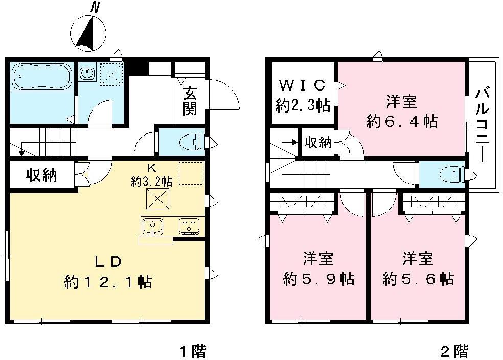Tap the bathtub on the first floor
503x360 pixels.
[x=42, y=77]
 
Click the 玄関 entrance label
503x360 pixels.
[x=190, y=101]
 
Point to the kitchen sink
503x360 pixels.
[x=152, y=226]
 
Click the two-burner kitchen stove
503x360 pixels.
[x=190, y=226]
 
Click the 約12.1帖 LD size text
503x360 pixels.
[x=108, y=281]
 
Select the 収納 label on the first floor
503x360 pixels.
[x=41, y=175]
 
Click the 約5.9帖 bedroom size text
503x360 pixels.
[x=318, y=279]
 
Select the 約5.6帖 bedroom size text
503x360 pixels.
[x=418, y=279]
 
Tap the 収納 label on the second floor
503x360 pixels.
[x=318, y=142]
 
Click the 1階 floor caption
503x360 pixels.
[x=192, y=351]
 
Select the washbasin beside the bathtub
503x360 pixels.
[x=88, y=74]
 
